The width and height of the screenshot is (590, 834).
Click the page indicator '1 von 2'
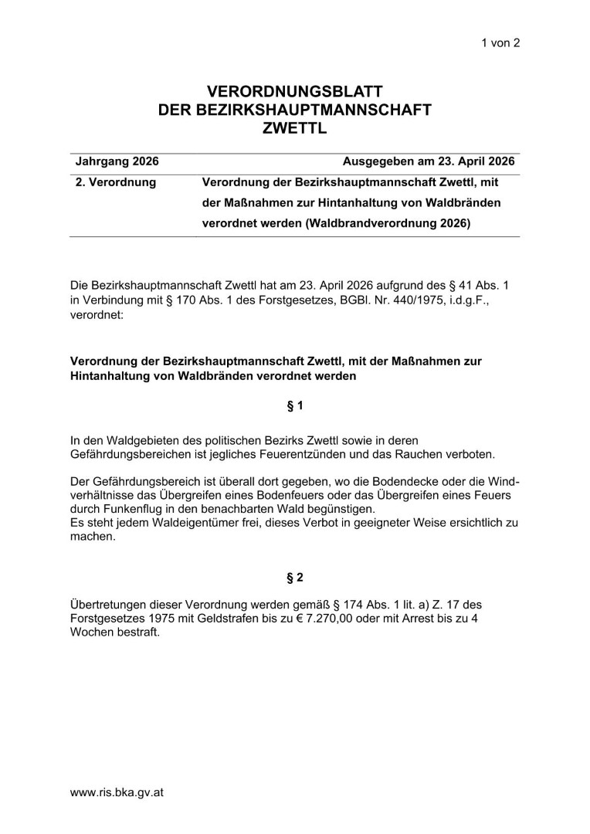coord(500,43)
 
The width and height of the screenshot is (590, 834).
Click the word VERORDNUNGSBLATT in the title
coord(295,93)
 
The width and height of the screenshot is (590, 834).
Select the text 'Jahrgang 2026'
coord(117,162)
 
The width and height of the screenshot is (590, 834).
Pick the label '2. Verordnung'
coord(116,183)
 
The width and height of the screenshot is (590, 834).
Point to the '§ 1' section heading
coord(295,405)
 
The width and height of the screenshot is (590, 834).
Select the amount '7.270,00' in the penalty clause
coord(320,618)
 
